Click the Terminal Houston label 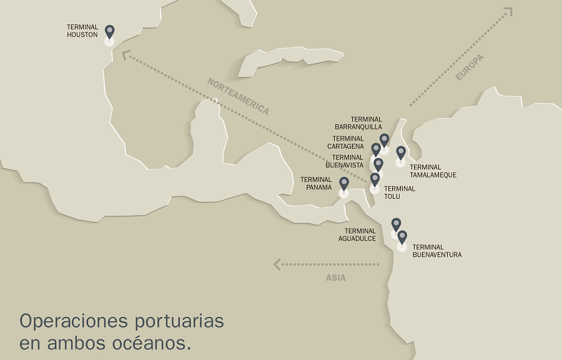pyautogui.click(x=82, y=31)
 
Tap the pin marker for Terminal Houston pyautogui.click(x=110, y=32)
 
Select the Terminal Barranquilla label pyautogui.click(x=358, y=123)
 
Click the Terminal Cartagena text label pyautogui.click(x=348, y=142)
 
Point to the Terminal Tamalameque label pyautogui.click(x=433, y=171)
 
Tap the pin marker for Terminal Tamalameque pyautogui.click(x=401, y=152)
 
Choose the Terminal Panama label pyautogui.click(x=316, y=183)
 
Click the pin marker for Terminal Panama pyautogui.click(x=344, y=184)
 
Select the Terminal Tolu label pyautogui.click(x=399, y=192)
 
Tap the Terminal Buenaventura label pyautogui.click(x=437, y=251)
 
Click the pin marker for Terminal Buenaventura pyautogui.click(x=402, y=237)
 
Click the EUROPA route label pyautogui.click(x=470, y=67)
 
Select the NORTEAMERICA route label pyautogui.click(x=238, y=96)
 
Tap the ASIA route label pyautogui.click(x=335, y=277)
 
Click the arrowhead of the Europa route pyautogui.click(x=508, y=11)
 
